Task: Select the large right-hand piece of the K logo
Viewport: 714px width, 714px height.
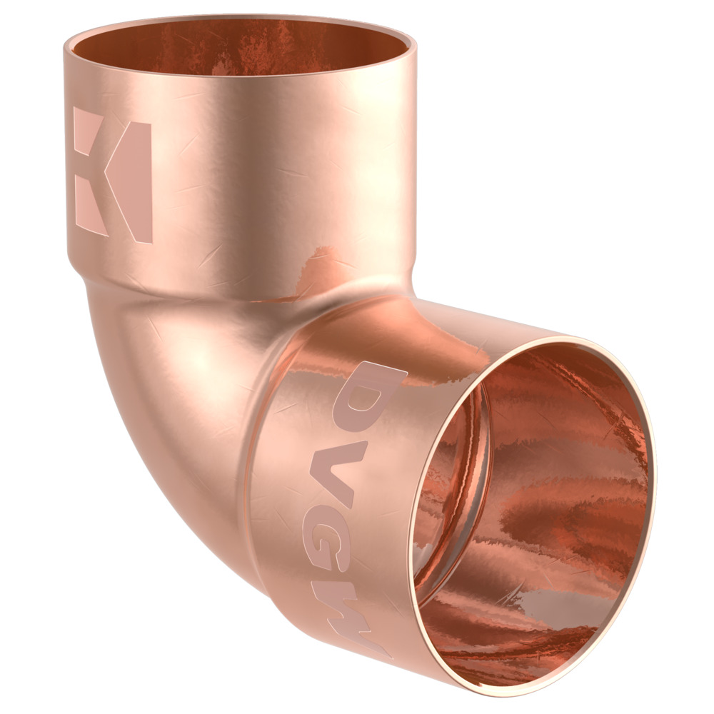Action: click(132, 182)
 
